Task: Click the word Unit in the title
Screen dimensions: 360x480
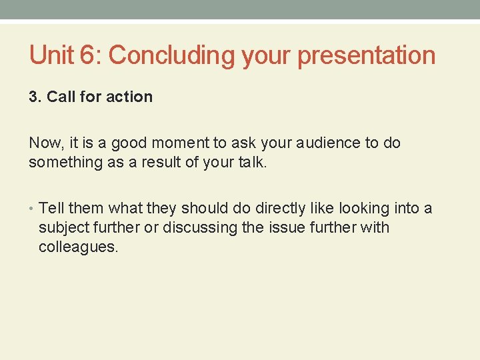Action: pos(51,55)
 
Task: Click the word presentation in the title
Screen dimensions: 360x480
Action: pos(366,56)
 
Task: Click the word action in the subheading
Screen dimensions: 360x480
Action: pos(129,97)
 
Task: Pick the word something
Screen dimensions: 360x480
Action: pos(61,163)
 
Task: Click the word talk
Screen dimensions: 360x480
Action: pos(250,163)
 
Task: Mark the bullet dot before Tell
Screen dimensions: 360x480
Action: pos(32,209)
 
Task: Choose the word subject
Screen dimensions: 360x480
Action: pos(63,228)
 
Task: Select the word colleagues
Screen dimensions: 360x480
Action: pos(78,247)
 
